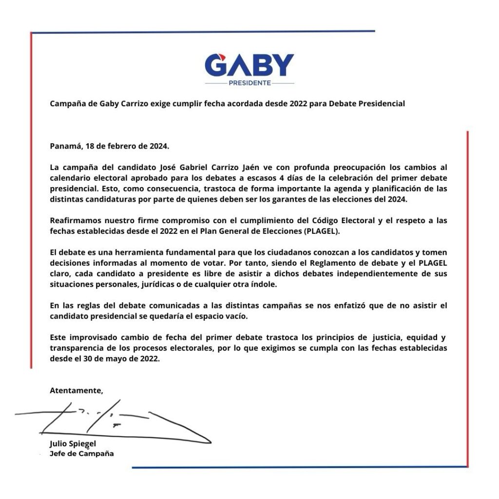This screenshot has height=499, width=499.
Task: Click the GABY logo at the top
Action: tap(249, 65)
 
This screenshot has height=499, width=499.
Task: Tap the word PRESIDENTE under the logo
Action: tap(249, 83)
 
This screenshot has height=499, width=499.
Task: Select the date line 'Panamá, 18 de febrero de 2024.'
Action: tap(109, 146)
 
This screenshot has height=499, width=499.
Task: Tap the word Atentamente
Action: tap(77, 390)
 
